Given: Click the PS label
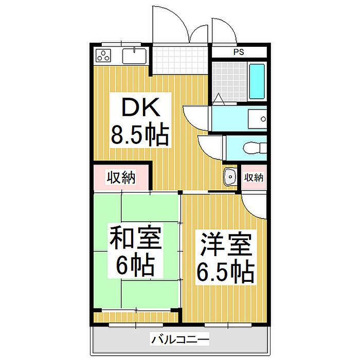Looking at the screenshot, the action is click(239, 52).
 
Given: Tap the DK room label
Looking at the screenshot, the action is click(141, 107).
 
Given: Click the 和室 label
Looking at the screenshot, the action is click(135, 237).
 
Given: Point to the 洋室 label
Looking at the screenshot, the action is click(226, 244).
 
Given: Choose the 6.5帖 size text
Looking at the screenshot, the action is click(226, 272).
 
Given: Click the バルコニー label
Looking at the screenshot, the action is click(180, 339).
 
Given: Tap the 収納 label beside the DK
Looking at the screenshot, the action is click(121, 177).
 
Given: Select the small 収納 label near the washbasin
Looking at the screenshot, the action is click(254, 177).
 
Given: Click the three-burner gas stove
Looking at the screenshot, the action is click(103, 56).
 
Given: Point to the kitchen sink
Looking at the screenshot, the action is click(134, 56).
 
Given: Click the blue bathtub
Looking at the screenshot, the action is click(257, 81).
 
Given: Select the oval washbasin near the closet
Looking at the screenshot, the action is click(230, 177).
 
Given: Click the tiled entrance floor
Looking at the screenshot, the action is click(180, 60).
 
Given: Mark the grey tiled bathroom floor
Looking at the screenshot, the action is click(229, 81).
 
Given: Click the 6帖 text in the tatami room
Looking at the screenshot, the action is click(135, 264).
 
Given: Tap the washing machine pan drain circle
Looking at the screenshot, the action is click(263, 119).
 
